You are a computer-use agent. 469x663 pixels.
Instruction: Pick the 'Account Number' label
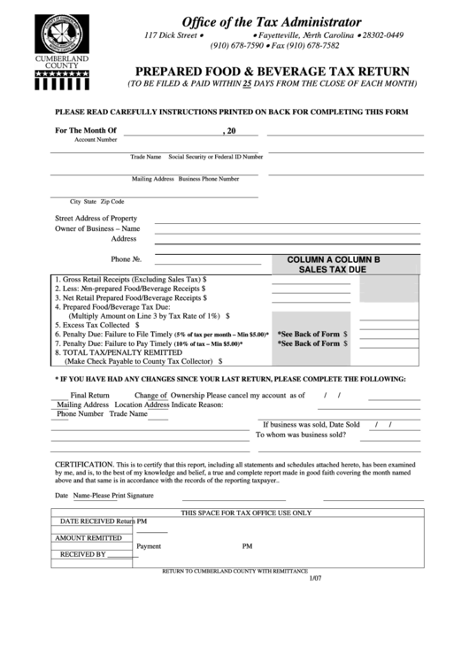tap(96, 141)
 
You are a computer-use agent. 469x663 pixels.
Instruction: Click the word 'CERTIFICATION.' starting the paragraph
tap(84, 464)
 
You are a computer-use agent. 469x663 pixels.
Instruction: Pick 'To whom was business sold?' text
tap(300, 435)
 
